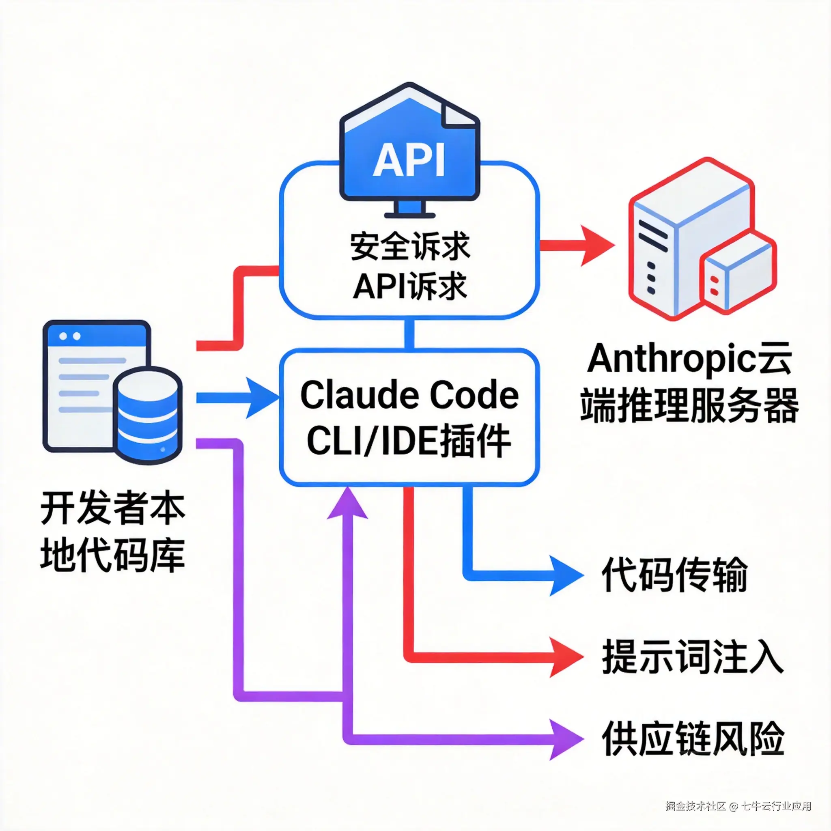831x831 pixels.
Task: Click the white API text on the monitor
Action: (x=408, y=160)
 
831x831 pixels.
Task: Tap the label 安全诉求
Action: (x=410, y=246)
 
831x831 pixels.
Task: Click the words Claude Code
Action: (x=409, y=395)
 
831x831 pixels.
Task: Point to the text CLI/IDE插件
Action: (x=409, y=441)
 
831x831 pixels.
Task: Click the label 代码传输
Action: (x=674, y=575)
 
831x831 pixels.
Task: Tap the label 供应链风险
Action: (x=693, y=738)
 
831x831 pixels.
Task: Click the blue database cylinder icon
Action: (x=148, y=415)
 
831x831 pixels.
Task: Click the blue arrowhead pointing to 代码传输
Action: (x=566, y=575)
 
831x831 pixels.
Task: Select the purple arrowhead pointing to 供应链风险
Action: (x=566, y=739)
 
